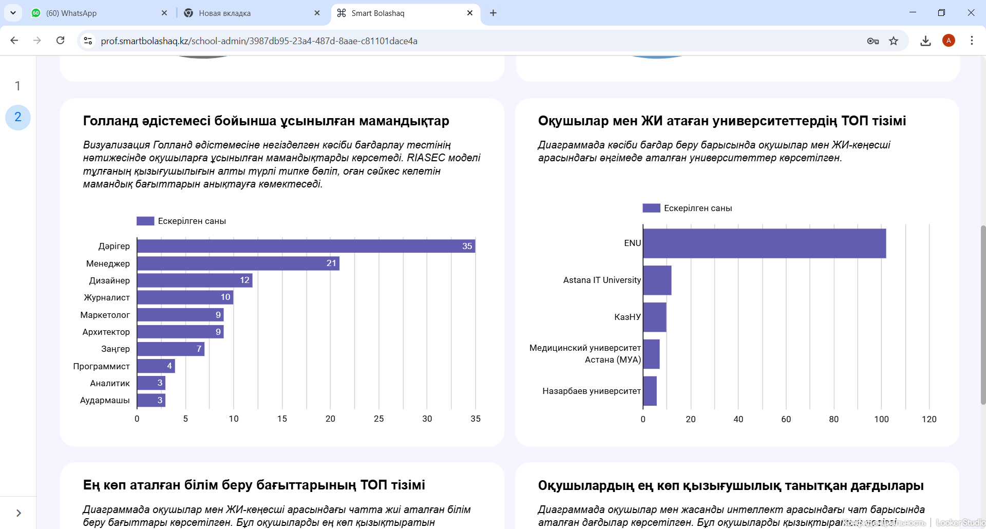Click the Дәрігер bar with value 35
(x=306, y=246)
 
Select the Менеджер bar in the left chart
(x=238, y=263)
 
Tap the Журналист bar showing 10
(x=185, y=297)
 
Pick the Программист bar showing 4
(x=156, y=366)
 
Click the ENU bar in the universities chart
(x=764, y=243)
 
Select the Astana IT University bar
(x=657, y=280)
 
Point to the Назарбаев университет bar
(x=650, y=391)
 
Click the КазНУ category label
(x=627, y=317)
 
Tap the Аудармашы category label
(x=105, y=400)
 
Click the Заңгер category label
(x=116, y=349)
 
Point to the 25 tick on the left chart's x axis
(x=378, y=419)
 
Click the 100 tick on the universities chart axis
(x=881, y=419)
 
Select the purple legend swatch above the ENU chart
(x=651, y=208)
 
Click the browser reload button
(x=60, y=41)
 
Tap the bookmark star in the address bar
(x=894, y=41)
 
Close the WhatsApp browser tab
(x=164, y=13)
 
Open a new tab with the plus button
(x=493, y=13)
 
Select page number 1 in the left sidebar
(x=17, y=86)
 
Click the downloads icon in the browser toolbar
(x=925, y=41)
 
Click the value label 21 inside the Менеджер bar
(x=331, y=263)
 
